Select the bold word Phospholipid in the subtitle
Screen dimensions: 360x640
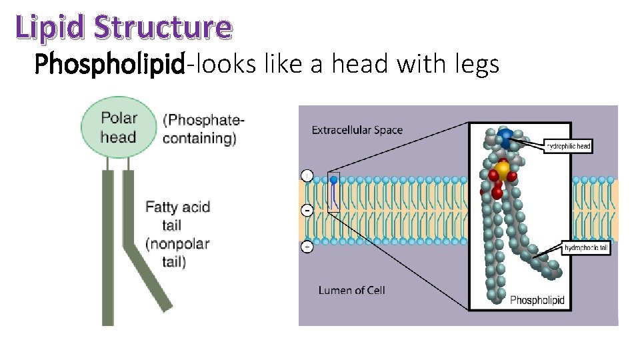(x=109, y=64)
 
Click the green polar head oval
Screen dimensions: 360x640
(x=119, y=127)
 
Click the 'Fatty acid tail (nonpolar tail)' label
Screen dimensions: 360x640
(x=177, y=234)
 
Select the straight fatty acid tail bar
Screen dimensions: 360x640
(x=108, y=247)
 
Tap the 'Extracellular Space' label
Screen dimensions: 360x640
(x=357, y=130)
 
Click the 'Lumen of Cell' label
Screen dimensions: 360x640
(x=351, y=290)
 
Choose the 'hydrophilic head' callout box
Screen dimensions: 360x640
(x=569, y=146)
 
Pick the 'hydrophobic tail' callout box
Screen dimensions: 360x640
(x=587, y=248)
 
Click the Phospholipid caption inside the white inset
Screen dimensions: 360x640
(x=537, y=300)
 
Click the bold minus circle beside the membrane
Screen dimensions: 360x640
(x=307, y=211)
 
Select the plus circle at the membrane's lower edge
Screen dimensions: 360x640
(x=307, y=247)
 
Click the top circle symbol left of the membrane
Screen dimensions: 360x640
(x=307, y=176)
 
